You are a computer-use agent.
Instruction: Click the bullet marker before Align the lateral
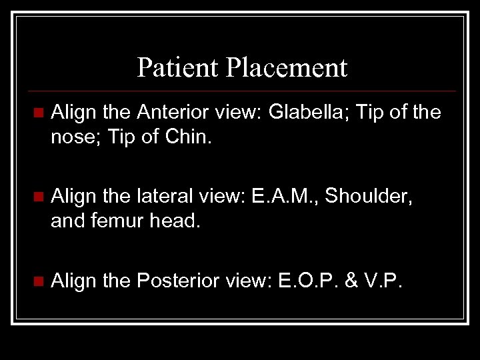pyautogui.click(x=37, y=197)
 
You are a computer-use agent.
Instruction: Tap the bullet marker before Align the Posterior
pyautogui.click(x=37, y=281)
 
